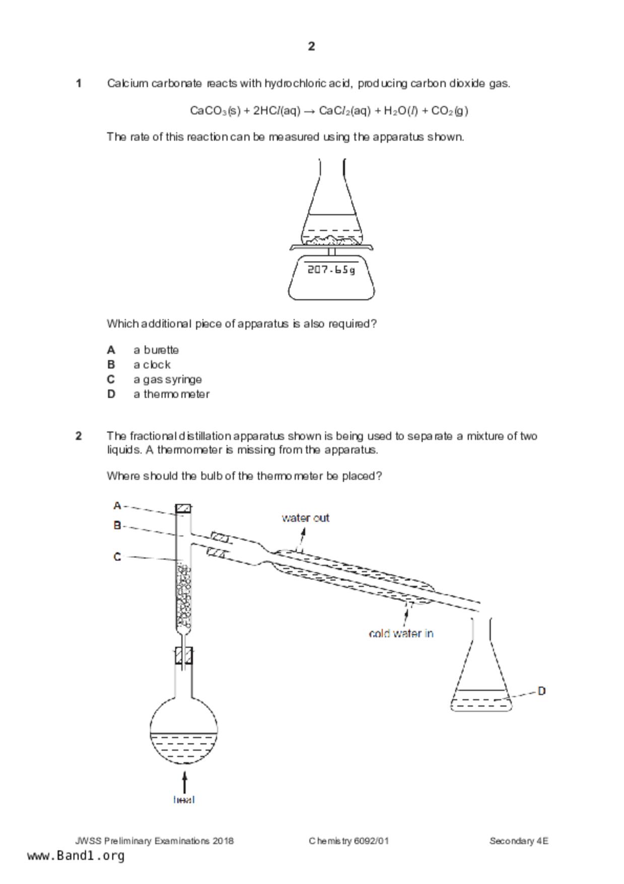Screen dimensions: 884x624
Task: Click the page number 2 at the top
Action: pyautogui.click(x=311, y=46)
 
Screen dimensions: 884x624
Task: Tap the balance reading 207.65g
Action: pyautogui.click(x=331, y=270)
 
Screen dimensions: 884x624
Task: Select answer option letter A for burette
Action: pyautogui.click(x=111, y=350)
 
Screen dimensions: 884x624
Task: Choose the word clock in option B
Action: pyautogui.click(x=157, y=364)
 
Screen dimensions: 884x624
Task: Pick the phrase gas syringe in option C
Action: pyautogui.click(x=172, y=380)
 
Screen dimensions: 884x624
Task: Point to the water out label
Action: pyautogui.click(x=305, y=518)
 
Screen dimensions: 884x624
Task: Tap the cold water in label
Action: pyautogui.click(x=401, y=634)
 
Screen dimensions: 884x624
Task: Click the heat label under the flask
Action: pyautogui.click(x=184, y=799)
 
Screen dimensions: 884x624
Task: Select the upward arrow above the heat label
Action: pyautogui.click(x=185, y=782)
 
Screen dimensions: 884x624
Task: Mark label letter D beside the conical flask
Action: pyautogui.click(x=542, y=691)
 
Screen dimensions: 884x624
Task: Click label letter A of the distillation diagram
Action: pyautogui.click(x=117, y=506)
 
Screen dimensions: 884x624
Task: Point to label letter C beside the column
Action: pyautogui.click(x=117, y=557)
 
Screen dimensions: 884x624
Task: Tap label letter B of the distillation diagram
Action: pyautogui.click(x=117, y=526)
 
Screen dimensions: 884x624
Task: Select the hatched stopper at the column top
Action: pyautogui.click(x=183, y=509)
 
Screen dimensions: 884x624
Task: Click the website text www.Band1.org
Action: pyautogui.click(x=76, y=856)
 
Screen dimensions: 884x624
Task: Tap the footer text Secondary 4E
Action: pyautogui.click(x=519, y=841)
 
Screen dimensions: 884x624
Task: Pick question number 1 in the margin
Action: pyautogui.click(x=79, y=83)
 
